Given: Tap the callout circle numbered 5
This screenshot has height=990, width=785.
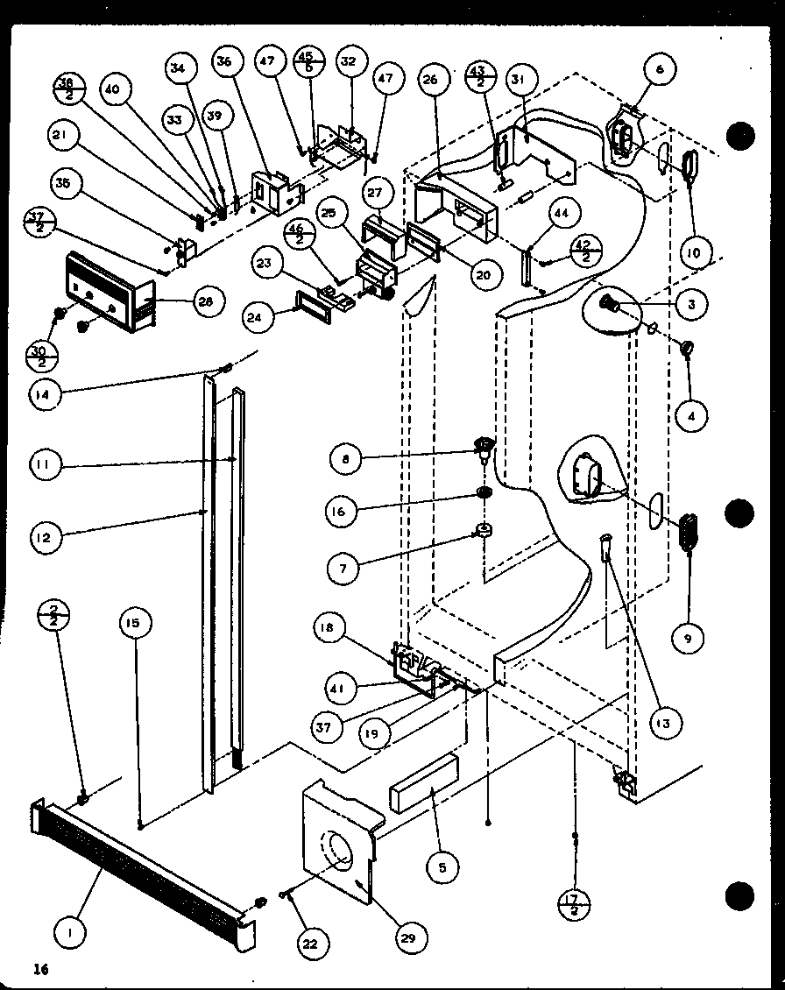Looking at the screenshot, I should (x=442, y=867).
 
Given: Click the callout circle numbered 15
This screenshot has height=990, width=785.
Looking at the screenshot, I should (x=135, y=625).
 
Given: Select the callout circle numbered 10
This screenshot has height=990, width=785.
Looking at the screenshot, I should (x=694, y=254).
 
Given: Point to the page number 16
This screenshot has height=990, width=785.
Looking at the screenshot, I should (x=39, y=968).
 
